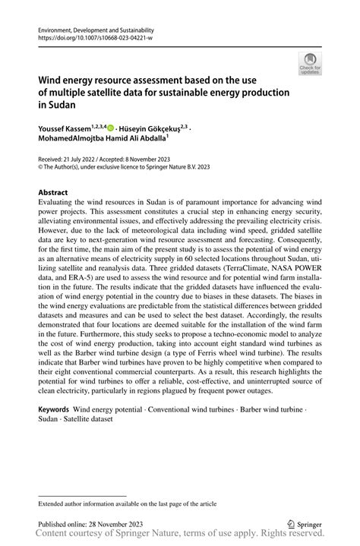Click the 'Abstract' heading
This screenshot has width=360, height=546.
tap(53, 193)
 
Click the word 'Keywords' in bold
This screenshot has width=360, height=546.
tap(54, 409)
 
